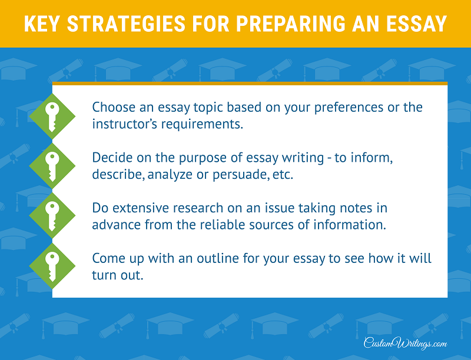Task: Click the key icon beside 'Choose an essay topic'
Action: click(52, 116)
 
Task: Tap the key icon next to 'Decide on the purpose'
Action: click(52, 166)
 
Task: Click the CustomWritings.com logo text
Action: click(406, 342)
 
